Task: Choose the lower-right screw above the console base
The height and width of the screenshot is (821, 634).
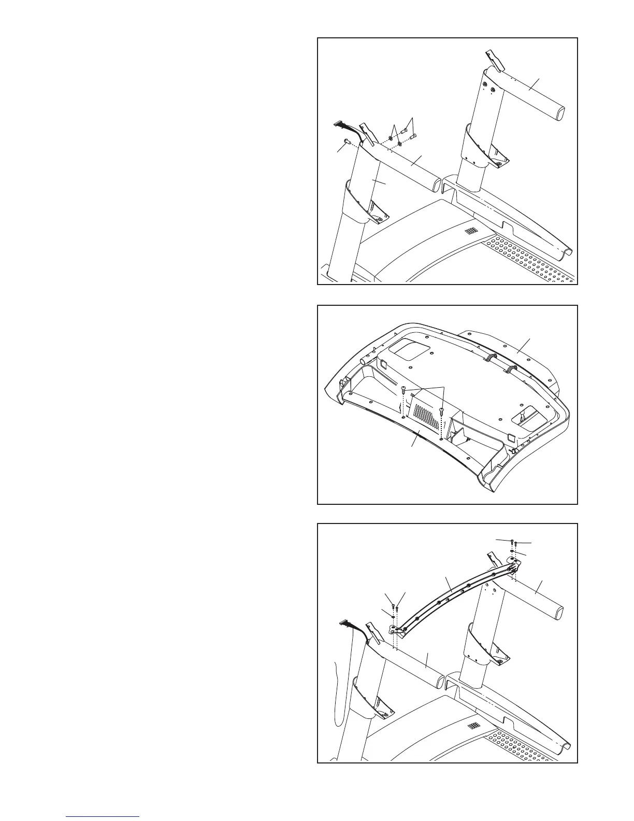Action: click(441, 411)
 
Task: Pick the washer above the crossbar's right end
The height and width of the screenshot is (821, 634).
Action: click(513, 552)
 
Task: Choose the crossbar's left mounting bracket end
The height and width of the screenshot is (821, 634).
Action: click(396, 629)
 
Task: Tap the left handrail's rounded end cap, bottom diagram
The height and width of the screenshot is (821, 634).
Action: click(438, 680)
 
